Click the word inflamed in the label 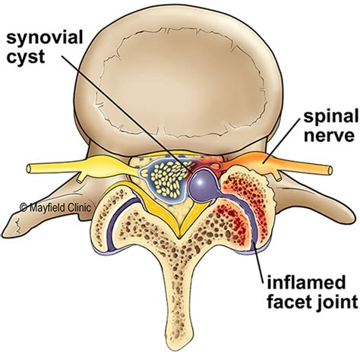point(306,283)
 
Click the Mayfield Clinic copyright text point(55,207)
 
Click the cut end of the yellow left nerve point(30,169)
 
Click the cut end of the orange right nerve point(330,170)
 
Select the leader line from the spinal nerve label point(283,141)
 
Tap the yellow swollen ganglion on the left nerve point(100,165)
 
